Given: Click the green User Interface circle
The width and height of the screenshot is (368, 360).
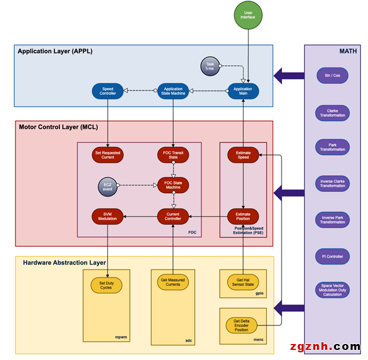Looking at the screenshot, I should pos(247,15).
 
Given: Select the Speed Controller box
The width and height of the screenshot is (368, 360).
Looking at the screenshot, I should pos(107,91).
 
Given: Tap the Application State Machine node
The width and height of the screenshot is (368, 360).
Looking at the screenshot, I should pos(172,91).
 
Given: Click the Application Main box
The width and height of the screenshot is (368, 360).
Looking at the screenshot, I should pos(242,91).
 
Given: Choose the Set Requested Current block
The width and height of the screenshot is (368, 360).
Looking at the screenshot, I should pos(107,155).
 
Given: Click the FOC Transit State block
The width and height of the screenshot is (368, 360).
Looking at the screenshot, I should pos(172,155).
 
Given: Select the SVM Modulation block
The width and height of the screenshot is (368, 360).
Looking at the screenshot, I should pos(107,216).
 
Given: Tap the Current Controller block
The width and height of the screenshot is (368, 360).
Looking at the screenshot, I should pos(172,216).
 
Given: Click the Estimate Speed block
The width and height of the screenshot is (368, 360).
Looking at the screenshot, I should pos(243,155).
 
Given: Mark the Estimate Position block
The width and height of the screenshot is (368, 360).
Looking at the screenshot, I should pos(243,216).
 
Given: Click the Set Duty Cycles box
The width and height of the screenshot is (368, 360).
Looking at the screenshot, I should pos(106,285).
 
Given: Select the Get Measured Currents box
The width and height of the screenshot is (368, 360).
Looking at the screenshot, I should pos(172,282).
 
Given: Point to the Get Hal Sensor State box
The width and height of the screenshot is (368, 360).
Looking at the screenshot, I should pos(243,282).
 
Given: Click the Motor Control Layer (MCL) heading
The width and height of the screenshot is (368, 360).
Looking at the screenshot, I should pos(58,127).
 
